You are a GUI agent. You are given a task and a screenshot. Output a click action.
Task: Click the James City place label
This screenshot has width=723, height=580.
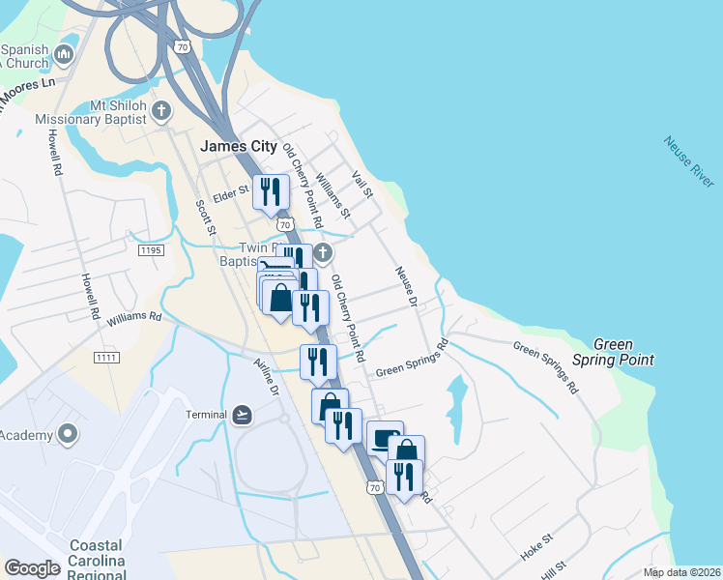pyautogui.click(x=238, y=147)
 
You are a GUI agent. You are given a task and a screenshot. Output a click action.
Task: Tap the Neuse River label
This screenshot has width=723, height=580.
pyautogui.click(x=689, y=161)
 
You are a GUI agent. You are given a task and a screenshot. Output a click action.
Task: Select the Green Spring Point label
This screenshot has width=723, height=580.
pyautogui.click(x=624, y=352)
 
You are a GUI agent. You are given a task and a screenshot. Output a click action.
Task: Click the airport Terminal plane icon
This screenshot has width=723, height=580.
pyautogui.click(x=242, y=415)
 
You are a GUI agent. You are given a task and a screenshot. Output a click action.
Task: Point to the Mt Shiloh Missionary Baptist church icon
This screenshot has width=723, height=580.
pyautogui.click(x=161, y=110)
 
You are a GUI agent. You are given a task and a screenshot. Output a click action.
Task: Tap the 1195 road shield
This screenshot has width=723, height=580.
pyautogui.click(x=152, y=249)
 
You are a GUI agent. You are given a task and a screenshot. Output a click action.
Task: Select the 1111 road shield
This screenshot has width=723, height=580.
pyautogui.click(x=106, y=359)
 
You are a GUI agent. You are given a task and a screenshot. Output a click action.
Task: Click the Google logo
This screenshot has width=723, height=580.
pyautogui.click(x=32, y=568)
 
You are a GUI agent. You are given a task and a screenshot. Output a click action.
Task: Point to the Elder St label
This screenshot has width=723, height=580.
pyautogui.click(x=231, y=191)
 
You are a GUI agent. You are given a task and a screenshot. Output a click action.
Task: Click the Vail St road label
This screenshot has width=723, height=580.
pyautogui.click(x=362, y=185)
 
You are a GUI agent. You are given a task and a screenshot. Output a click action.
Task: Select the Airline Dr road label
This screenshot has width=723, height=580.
pyautogui.click(x=267, y=376)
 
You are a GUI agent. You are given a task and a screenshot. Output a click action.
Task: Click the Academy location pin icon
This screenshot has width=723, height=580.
pyautogui.click(x=68, y=435)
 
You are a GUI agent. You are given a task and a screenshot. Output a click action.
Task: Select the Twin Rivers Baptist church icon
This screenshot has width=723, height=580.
pyautogui.click(x=323, y=253)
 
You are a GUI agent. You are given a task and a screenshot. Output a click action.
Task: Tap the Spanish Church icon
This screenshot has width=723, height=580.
pyautogui.click(x=66, y=53)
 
